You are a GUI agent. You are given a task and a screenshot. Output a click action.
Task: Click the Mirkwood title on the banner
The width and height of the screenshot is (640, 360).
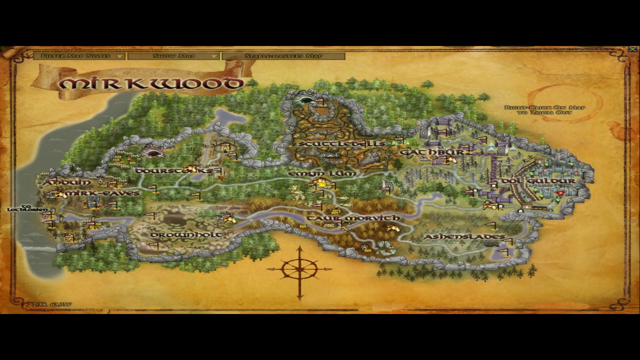tap(150, 83)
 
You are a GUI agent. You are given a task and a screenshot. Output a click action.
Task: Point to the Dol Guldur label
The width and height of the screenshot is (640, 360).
tap(538, 180)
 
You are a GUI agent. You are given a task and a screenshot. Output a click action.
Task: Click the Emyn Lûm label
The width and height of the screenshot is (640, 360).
tap(322, 173)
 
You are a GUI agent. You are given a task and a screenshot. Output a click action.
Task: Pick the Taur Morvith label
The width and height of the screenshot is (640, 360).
tap(353, 218)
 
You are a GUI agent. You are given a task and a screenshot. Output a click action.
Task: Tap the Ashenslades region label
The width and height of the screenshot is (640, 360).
tap(464, 236)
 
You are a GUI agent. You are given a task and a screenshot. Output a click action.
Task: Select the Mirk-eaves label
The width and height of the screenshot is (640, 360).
tap(102, 193)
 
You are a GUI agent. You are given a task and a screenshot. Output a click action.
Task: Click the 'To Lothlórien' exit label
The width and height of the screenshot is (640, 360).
tap(27, 208)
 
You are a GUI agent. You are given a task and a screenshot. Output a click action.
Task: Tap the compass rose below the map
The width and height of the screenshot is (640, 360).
tap(299, 270)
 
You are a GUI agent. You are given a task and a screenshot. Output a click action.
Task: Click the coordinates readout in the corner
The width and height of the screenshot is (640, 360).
tap(51, 304)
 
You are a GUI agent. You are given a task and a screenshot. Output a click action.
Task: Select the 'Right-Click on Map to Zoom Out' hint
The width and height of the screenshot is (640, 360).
tap(544, 110)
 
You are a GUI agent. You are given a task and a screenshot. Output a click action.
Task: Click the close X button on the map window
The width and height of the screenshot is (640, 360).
tap(632, 49)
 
